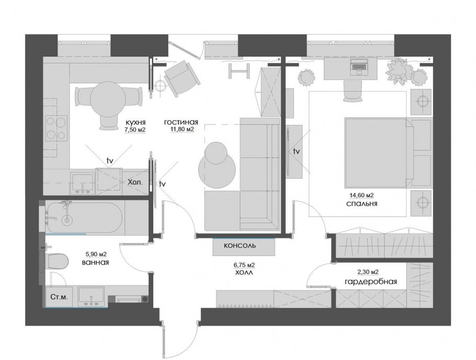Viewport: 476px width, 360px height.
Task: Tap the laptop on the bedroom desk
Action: pos(359,67)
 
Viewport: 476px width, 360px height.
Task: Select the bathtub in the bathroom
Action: pos(84,217)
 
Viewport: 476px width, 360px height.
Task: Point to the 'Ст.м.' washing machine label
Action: pos(59,297)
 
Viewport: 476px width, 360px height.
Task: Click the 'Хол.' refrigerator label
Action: pos(135,183)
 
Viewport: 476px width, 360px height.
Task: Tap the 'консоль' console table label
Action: pos(240,245)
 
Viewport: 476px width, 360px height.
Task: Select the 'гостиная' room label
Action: pos(181,122)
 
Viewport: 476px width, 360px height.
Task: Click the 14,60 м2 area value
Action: pos(361,195)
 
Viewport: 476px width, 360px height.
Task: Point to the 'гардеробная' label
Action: pos(371,282)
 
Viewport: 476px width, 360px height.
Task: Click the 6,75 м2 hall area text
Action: pos(244,265)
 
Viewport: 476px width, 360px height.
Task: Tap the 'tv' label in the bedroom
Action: pos(296,151)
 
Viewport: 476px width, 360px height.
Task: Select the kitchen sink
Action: pos(82,183)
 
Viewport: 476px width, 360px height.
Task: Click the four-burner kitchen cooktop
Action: pos(56,128)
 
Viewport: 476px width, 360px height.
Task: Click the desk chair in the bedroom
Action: pos(353,91)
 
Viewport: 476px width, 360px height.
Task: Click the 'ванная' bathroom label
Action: pos(95,262)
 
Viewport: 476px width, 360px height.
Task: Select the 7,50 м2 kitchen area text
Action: pos(135,130)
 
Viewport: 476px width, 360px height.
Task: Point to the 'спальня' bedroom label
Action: pos(362,204)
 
